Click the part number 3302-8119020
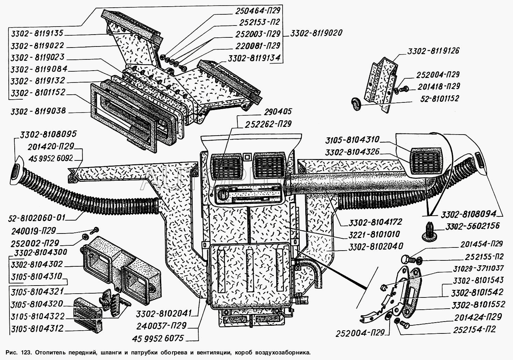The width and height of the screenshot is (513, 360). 316,33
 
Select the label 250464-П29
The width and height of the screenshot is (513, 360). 258,10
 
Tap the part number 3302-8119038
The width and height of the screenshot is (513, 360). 38,111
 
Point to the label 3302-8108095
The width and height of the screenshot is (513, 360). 48,134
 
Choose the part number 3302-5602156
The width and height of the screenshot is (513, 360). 472,226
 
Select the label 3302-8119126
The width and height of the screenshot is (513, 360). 433,51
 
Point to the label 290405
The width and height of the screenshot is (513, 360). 278,112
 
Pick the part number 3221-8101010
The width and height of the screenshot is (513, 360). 374,234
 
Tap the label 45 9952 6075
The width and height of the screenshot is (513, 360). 158,338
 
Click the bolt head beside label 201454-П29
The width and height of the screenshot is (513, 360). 406,260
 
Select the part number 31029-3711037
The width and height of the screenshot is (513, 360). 478,268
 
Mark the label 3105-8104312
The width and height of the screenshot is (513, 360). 37,329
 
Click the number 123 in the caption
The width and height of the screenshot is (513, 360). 26,352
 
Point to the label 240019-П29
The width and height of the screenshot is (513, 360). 34,230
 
